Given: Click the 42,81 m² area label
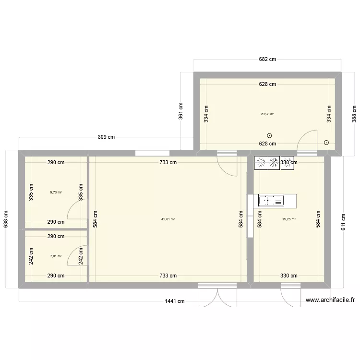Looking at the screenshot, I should tap(168, 219).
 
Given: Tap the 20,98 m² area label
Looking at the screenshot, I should tap(267, 114).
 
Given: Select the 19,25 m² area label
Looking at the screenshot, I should tap(289, 219).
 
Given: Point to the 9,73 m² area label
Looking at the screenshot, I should tap(56, 192).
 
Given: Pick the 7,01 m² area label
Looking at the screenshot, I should tap(56, 256).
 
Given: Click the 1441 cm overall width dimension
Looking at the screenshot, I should tap(174, 301).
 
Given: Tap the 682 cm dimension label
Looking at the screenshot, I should tap(267, 60).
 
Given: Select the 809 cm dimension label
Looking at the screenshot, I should tap(106, 137).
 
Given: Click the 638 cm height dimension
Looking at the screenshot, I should tap(6, 219).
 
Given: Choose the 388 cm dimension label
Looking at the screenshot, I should tap(354, 115).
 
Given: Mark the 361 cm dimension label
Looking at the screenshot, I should tap(181, 111).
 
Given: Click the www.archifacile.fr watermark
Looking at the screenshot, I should tap(330, 300).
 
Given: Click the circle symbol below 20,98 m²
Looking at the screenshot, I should tap(269, 135).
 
